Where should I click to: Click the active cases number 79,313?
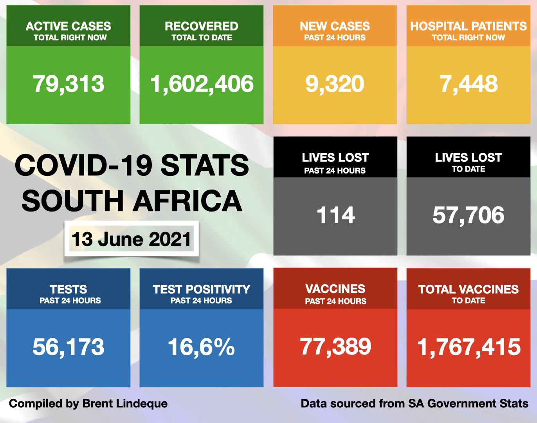pos(68,84)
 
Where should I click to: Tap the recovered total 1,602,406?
pos(202,84)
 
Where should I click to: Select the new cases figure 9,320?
pos(335,84)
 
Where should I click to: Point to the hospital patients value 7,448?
pos(469,84)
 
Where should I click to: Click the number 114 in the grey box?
pos(335,215)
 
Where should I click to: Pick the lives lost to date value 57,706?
pos(469,215)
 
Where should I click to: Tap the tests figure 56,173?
pos(68,347)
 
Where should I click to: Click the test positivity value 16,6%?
pos(202,347)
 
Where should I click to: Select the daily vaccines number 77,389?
pos(335,347)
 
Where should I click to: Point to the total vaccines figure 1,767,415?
pos(469,347)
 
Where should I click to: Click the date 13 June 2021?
pos(132,239)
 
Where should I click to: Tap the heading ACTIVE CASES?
pos(68,26)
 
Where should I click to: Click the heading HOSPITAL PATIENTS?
pos(469,26)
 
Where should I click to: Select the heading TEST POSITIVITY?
pos(202,289)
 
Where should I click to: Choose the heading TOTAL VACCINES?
pos(469,289)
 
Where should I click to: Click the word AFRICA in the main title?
pos(188,201)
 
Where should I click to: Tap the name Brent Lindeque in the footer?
pos(125,403)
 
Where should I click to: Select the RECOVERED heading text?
pos(202,26)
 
